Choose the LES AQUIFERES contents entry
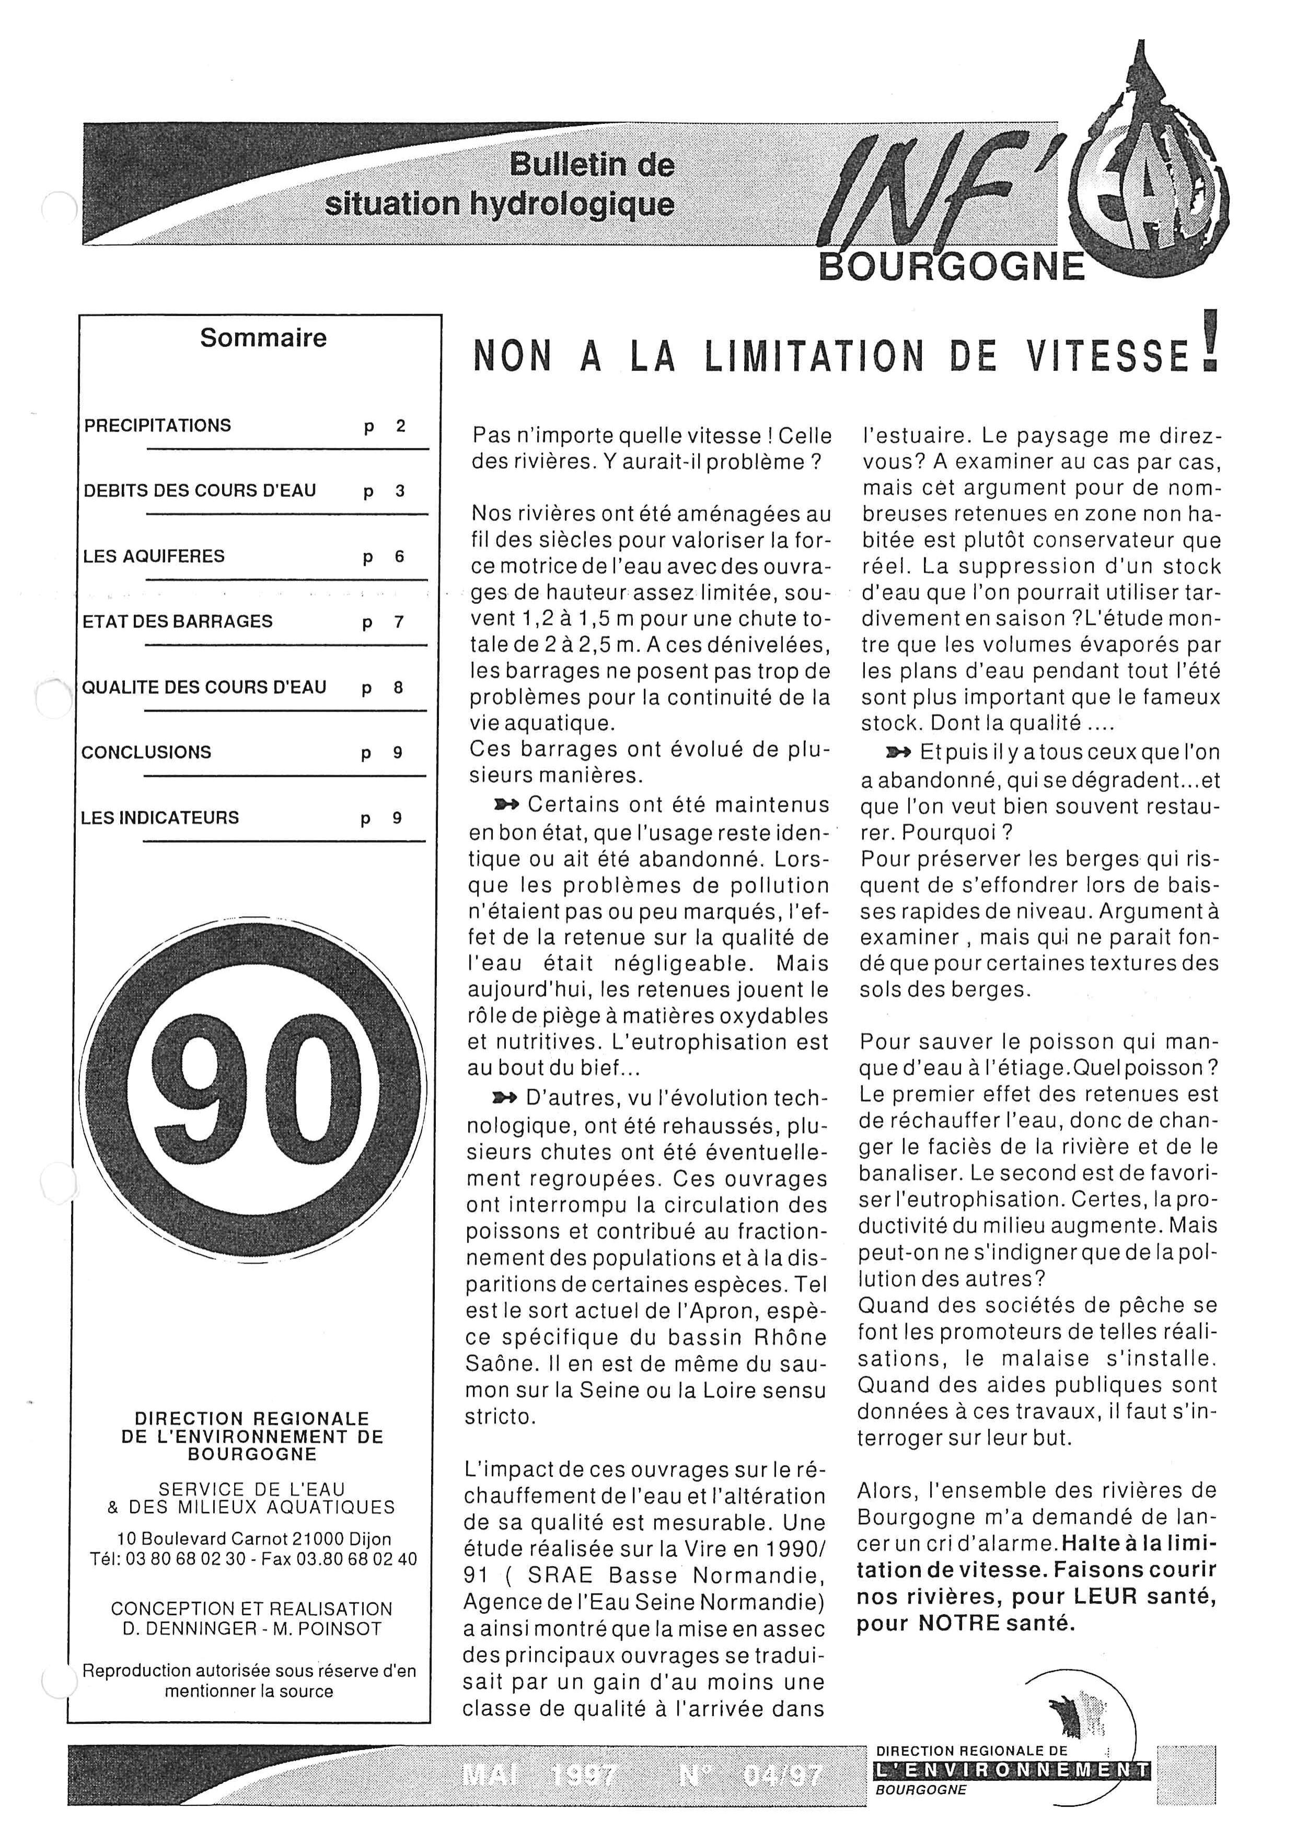click(154, 557)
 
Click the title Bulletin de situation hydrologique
click(500, 185)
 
